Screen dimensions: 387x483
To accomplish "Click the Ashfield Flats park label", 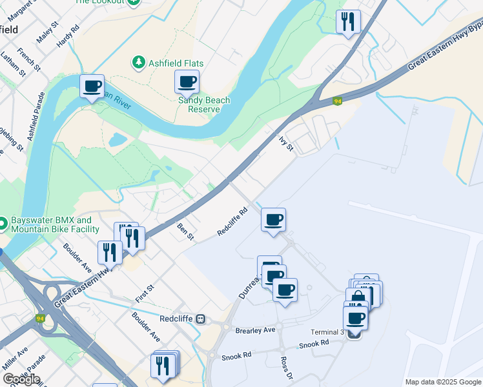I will [x=176, y=63].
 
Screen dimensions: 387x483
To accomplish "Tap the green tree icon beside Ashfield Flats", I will [x=138, y=63].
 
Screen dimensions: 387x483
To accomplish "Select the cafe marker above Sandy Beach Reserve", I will [x=187, y=82].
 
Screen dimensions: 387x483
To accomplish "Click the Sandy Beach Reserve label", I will [x=204, y=104].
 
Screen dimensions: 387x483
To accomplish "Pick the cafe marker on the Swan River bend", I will [x=92, y=86].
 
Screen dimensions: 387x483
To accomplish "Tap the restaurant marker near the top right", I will [x=349, y=22].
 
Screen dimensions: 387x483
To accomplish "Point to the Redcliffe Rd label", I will [x=232, y=221].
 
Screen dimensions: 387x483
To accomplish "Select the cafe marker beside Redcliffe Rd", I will [x=273, y=220].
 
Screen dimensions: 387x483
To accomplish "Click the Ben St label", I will [x=186, y=232].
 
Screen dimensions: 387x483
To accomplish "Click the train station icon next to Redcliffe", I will [x=201, y=319].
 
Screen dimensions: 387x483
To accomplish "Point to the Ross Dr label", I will [x=286, y=368].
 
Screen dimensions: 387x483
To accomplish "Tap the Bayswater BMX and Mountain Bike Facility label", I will [x=54, y=224].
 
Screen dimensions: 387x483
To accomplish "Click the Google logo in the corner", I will [x=21, y=379].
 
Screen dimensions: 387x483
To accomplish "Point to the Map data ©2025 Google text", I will [x=442, y=382].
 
